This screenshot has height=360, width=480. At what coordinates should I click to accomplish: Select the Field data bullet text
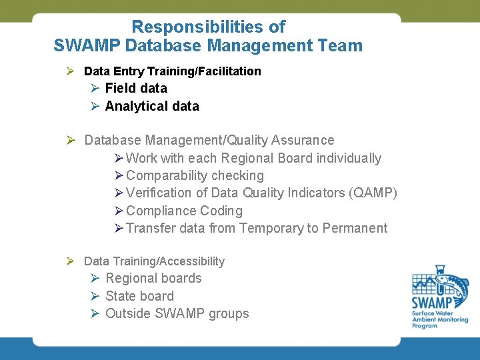[136, 88]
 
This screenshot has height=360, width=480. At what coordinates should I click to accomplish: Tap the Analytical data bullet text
[152, 106]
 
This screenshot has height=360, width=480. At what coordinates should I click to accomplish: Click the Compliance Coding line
[184, 211]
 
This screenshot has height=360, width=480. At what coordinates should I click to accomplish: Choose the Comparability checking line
[195, 176]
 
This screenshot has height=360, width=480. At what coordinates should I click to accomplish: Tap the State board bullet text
[139, 296]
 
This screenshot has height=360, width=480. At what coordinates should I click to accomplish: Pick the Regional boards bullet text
[153, 279]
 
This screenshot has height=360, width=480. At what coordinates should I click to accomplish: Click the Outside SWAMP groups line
[177, 313]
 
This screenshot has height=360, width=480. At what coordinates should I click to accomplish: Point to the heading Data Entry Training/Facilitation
[172, 71]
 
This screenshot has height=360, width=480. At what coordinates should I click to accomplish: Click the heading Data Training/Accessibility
[154, 261]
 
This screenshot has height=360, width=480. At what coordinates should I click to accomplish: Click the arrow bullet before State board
[95, 296]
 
